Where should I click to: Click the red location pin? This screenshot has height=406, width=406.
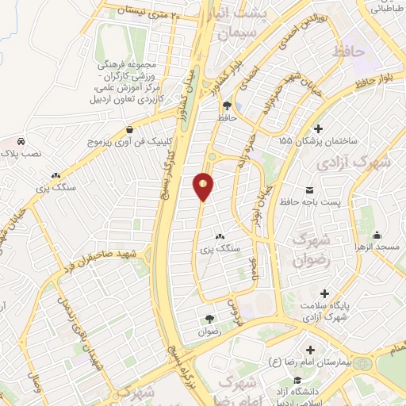[204, 187]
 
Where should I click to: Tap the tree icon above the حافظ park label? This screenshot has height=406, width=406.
[228, 105]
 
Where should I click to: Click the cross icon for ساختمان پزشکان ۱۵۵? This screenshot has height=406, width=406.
[318, 128]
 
